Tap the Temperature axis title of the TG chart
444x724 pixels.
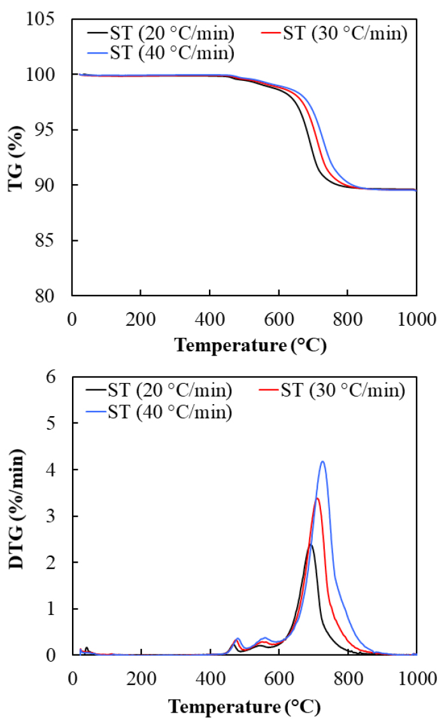[x=250, y=345]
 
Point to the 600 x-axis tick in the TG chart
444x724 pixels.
[x=278, y=317]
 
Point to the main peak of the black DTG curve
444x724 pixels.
[x=310, y=544]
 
